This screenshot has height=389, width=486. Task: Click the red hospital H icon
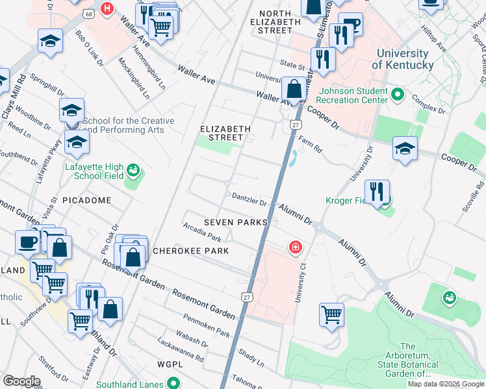tap(107, 9)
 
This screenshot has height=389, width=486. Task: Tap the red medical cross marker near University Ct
tap(295, 248)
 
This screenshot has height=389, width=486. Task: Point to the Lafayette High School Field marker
tap(133, 171)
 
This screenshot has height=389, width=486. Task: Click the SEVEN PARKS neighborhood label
tap(235, 222)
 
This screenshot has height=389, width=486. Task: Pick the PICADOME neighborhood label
tap(86, 200)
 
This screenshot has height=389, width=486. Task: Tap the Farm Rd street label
tap(310, 143)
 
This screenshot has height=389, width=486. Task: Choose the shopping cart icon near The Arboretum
tap(331, 314)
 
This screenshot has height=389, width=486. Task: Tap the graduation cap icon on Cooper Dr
tap(405, 148)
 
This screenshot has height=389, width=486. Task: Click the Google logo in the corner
tap(21, 381)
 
